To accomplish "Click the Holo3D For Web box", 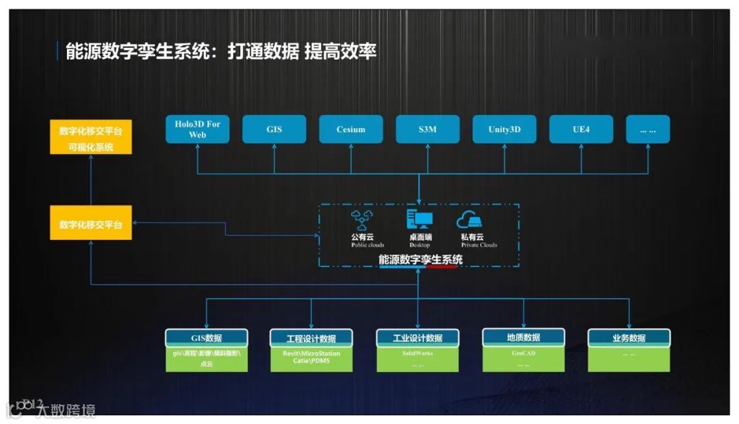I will coord(197,129).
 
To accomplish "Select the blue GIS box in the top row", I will coord(274,129).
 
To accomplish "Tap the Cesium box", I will coord(351,129).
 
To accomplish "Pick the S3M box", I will coord(428,129).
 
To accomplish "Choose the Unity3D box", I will coord(504,129).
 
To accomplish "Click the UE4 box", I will coord(581,129).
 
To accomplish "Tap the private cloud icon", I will coord(469,220).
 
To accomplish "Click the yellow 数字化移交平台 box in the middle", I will coord(91,224).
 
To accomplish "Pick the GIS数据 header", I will coord(206,338).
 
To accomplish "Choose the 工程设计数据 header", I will coord(311,338).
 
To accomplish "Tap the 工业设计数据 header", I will coord(417,338).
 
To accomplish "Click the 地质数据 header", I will coord(523,337).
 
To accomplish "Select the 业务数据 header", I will coord(629,338).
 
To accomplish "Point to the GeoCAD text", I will coord(523,354).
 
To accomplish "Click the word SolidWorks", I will coord(417,353).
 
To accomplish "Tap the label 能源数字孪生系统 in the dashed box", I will coord(420,260).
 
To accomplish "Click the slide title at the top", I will coord(221,51).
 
